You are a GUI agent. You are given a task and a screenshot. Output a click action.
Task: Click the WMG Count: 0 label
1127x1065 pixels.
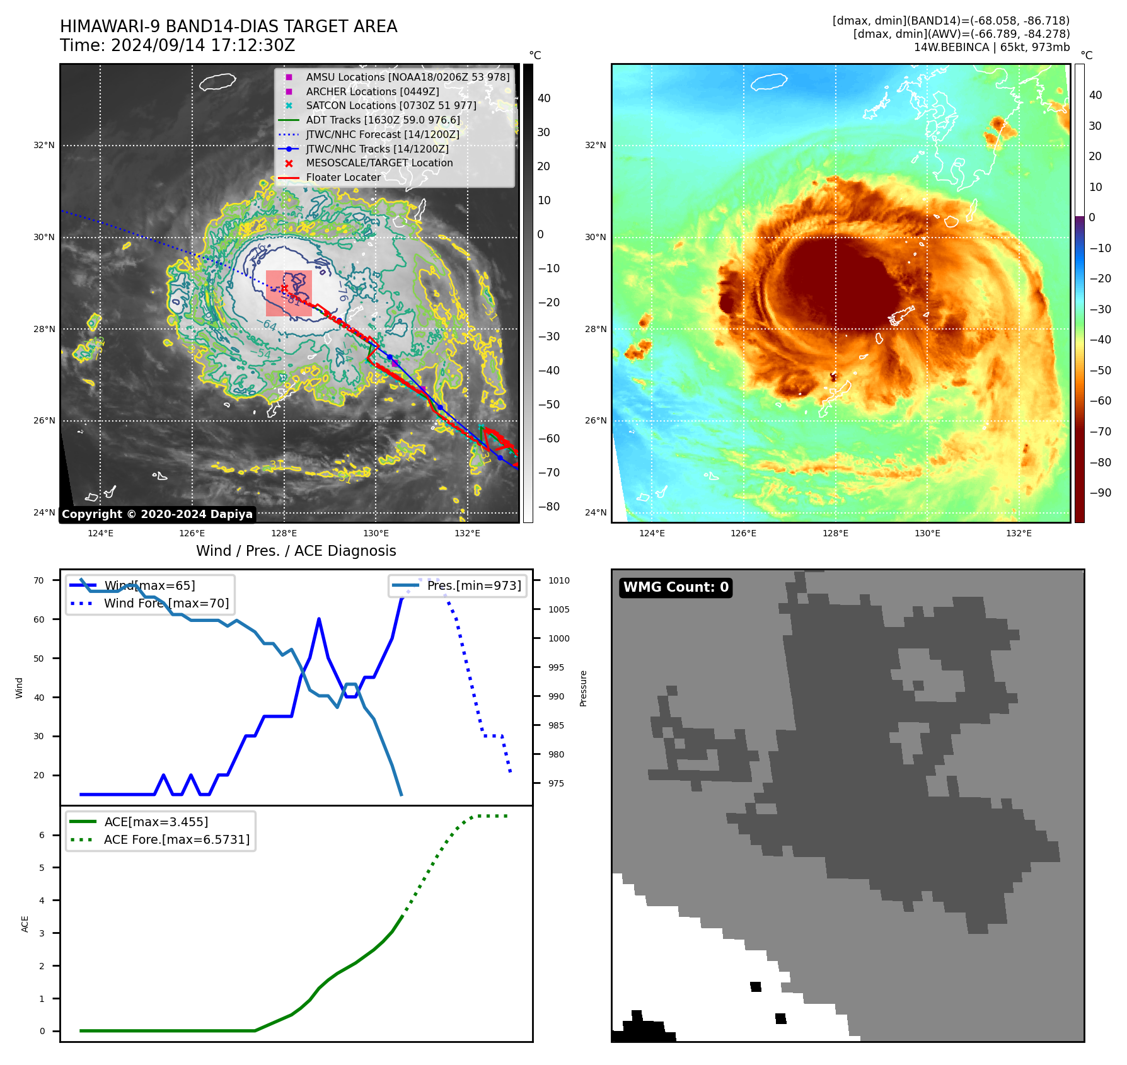[676, 587]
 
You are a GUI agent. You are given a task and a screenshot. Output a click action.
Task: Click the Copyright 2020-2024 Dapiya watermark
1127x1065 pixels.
[157, 514]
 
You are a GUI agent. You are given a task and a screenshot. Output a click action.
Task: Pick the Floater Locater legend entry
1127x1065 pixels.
[343, 177]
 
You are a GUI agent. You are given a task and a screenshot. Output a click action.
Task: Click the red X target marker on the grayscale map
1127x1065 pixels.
[284, 289]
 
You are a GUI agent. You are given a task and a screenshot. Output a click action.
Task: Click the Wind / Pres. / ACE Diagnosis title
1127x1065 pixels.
[296, 551]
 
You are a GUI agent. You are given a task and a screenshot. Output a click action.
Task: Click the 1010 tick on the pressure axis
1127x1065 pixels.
[558, 580]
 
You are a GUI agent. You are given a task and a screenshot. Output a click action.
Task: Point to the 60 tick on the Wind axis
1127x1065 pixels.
[39, 619]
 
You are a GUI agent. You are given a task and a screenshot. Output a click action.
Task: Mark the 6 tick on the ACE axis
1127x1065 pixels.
[42, 835]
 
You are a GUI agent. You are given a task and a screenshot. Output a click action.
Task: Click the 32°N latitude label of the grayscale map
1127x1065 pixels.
[44, 145]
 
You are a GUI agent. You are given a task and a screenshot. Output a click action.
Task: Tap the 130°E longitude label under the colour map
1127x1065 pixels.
[927, 533]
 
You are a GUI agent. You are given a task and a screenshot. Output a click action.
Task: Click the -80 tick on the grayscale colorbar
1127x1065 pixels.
[548, 507]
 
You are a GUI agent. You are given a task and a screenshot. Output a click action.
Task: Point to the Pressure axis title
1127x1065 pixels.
[583, 688]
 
